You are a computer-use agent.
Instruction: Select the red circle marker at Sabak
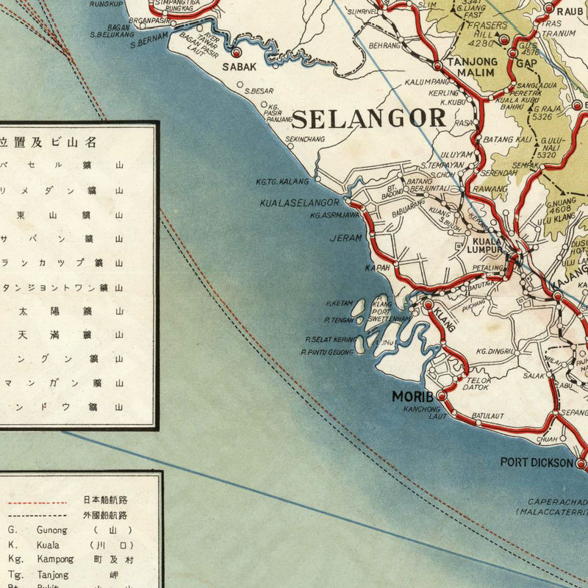point(237,54)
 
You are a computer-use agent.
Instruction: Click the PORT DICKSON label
point(537,462)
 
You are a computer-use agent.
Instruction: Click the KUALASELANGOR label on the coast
point(300,203)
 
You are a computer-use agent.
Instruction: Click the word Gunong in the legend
point(49,530)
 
